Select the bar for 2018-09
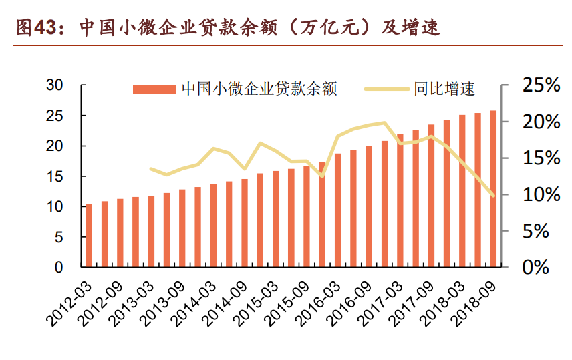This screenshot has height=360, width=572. (x=494, y=189)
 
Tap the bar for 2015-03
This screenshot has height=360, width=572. (x=276, y=219)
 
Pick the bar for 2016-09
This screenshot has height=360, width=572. (x=369, y=206)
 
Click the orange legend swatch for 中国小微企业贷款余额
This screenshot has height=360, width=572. (x=155, y=89)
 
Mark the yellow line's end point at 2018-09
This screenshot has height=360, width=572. (x=494, y=196)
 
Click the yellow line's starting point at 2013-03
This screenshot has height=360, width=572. (x=152, y=168)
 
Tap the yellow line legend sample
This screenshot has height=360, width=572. (x=386, y=89)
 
